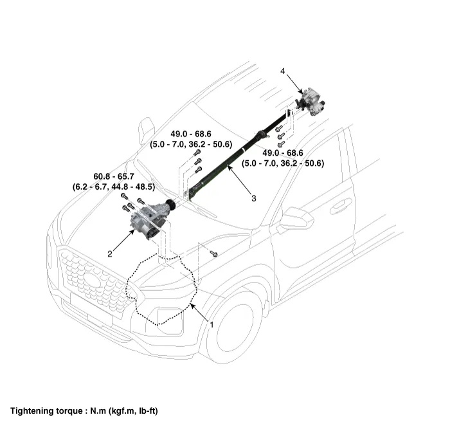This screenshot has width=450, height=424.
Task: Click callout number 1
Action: pyautogui.click(x=211, y=324)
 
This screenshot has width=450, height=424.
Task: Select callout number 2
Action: pyautogui.click(x=110, y=254)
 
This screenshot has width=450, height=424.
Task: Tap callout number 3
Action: pyautogui.click(x=253, y=199)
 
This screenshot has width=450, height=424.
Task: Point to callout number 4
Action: pyautogui.click(x=282, y=71)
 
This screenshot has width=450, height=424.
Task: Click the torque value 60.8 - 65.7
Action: pyautogui.click(x=113, y=176)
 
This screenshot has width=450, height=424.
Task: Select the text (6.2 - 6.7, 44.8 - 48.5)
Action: pyautogui.click(x=113, y=187)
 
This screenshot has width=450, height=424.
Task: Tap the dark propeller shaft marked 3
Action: pyautogui.click(x=231, y=161)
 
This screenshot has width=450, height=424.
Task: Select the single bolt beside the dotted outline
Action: pyautogui.click(x=213, y=253)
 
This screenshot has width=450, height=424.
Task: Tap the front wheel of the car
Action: pyautogui.click(x=232, y=326)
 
